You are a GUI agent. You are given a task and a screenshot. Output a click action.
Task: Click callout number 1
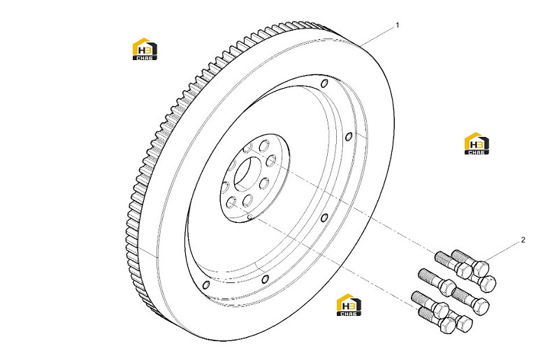tap(398, 25)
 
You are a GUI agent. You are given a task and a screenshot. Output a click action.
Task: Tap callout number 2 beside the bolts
tap(523, 240)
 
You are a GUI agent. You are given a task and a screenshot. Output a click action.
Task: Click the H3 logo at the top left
tap(145, 49)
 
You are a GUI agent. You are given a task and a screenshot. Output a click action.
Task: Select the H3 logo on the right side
tap(477, 143)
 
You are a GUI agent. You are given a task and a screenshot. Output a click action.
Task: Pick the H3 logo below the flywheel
tap(349, 305)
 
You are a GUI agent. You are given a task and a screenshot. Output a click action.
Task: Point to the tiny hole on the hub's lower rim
tap(249, 217)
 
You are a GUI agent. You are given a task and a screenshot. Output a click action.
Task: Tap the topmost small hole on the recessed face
tap(325, 84)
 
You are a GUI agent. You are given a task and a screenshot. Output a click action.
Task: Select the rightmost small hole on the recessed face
tap(349, 136)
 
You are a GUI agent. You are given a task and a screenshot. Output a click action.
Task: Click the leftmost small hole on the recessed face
tap(207, 285)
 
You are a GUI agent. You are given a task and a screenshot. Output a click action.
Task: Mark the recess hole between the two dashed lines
tap(325, 217)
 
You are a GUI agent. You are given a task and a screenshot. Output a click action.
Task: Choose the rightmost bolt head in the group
tap(488, 283)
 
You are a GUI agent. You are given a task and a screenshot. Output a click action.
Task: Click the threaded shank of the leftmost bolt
tap(423, 296)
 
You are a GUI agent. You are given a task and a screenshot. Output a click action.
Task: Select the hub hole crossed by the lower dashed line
tap(248, 201)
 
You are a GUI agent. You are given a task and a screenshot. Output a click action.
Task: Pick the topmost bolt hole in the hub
tap(264, 146)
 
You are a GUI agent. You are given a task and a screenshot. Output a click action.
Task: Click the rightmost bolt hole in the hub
tap(270, 161)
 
